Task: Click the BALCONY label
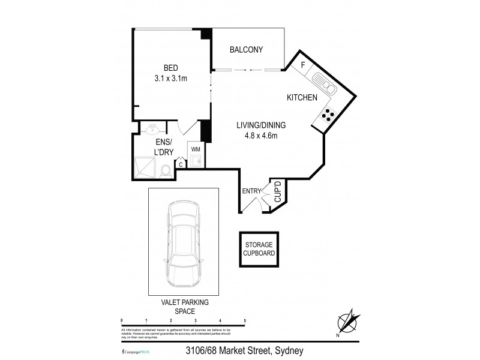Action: pyautogui.click(x=247, y=50)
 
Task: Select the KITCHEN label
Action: pyautogui.click(x=302, y=97)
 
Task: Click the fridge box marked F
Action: pyautogui.click(x=303, y=65)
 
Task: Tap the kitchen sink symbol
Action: pyautogui.click(x=325, y=85)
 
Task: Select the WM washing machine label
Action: pyautogui.click(x=195, y=148)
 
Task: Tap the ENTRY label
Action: pyautogui.click(x=251, y=191)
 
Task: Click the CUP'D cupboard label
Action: pyautogui.click(x=277, y=192)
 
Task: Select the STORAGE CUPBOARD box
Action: pyautogui.click(x=259, y=248)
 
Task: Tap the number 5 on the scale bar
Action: pyautogui.click(x=245, y=322)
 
